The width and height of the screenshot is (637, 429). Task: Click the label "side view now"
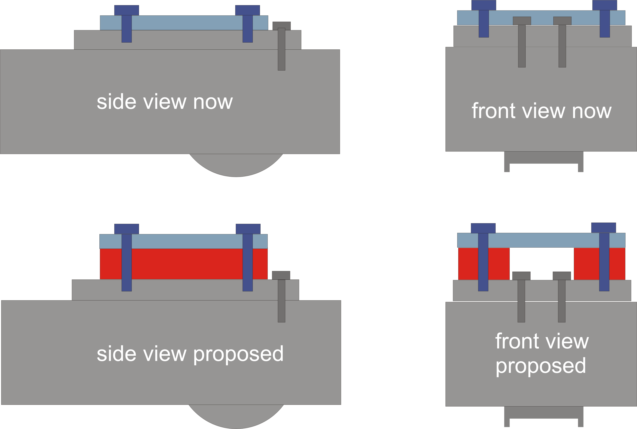point(165,102)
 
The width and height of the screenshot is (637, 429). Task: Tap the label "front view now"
point(541,111)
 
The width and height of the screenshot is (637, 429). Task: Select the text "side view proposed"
point(190,354)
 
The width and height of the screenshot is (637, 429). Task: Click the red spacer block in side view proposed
point(186,264)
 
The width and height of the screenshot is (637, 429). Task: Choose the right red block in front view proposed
point(586,264)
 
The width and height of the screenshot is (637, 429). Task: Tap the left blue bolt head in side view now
point(126,10)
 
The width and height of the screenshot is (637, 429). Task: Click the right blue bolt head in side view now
point(247,10)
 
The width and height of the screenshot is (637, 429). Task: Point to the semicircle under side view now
point(236,166)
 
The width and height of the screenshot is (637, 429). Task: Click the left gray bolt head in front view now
point(522,21)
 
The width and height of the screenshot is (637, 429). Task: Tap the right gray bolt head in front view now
point(562,21)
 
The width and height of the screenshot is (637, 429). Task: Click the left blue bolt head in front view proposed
point(483,228)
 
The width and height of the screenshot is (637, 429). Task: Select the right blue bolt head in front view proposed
point(604,228)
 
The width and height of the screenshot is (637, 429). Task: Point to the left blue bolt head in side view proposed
point(126,229)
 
